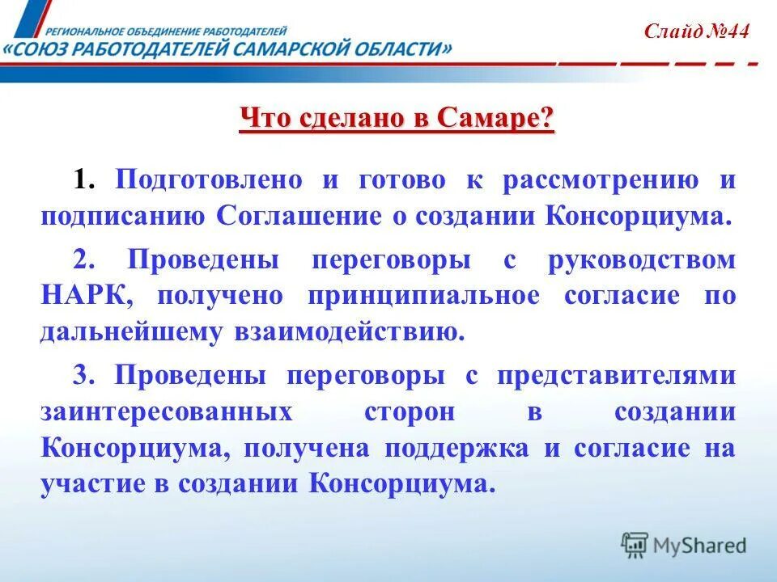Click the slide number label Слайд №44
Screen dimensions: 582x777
click(697, 32)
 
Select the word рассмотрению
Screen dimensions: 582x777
click(601, 179)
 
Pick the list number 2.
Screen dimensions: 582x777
click(83, 259)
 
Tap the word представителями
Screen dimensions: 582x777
click(616, 374)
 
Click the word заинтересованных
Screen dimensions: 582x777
click(165, 411)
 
